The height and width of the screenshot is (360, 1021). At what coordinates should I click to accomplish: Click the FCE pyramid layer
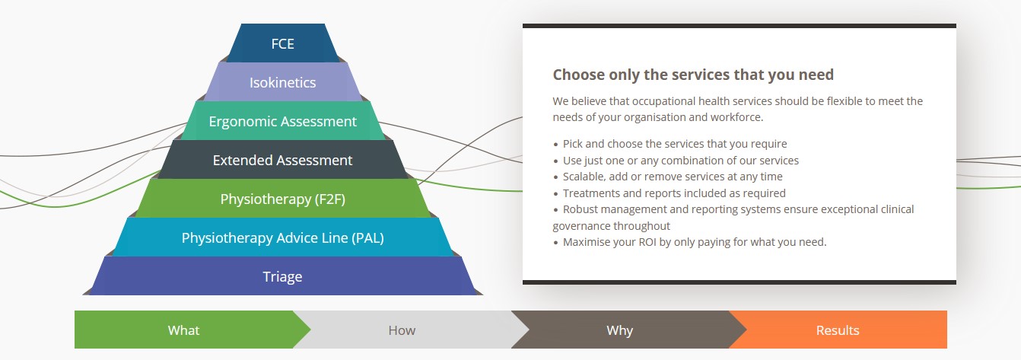282,43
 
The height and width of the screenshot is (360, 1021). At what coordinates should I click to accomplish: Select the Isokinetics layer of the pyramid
282,82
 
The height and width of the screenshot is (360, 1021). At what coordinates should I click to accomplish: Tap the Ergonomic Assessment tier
282,121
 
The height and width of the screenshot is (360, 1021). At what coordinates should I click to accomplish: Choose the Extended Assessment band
282,160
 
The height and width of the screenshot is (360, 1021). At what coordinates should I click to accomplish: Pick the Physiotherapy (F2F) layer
282,199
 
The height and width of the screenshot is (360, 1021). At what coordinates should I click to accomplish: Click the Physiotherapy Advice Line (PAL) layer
282,238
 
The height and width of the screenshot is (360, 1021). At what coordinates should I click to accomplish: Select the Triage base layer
282,277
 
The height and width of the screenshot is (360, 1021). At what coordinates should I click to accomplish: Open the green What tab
183,330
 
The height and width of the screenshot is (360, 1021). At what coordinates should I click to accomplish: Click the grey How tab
402,330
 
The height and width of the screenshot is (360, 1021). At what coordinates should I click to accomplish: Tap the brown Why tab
619,330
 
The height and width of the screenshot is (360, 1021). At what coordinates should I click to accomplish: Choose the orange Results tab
838,330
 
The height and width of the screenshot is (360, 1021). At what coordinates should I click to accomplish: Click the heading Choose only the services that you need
693,75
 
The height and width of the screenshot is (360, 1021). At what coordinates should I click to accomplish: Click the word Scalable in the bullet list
584,177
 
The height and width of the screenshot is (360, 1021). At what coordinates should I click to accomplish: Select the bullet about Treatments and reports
674,193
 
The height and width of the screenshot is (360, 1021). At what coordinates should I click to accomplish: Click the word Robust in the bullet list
580,209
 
